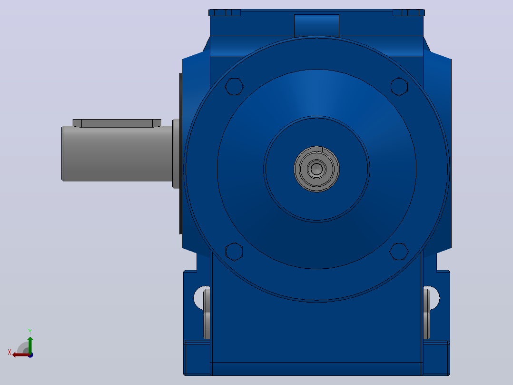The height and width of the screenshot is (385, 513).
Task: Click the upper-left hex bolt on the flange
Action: pyautogui.click(x=234, y=87)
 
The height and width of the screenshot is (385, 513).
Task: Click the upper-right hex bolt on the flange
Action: pyautogui.click(x=399, y=87)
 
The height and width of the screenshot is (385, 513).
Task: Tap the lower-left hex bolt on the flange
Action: pyautogui.click(x=234, y=252)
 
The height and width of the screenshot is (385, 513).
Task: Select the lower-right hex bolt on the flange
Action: pyautogui.click(x=399, y=252)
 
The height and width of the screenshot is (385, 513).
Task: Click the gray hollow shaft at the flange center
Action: pyautogui.click(x=317, y=169)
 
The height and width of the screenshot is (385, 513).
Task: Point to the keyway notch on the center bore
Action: pyautogui.click(x=317, y=150)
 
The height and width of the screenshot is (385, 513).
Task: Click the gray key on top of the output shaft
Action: pyautogui.click(x=117, y=123)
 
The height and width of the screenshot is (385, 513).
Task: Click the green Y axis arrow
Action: pyautogui.click(x=30, y=345)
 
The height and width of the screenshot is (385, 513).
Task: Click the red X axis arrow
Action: pyautogui.click(x=21, y=355)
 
